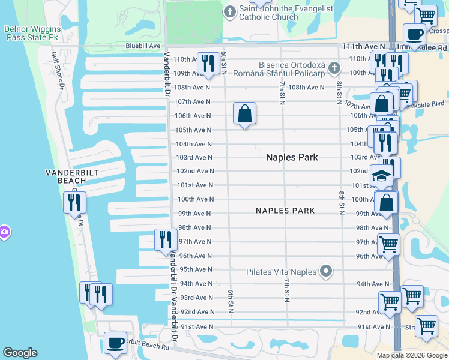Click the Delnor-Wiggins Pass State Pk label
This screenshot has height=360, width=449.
pos(31,32)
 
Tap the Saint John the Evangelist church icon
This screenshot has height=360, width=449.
pos(230,11)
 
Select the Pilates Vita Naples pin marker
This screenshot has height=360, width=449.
pos(327,272)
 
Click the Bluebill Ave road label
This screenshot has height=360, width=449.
pos(143,46)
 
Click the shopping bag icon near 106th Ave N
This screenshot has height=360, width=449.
pos(245,113)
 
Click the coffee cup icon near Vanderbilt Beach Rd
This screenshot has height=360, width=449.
pos(115,343)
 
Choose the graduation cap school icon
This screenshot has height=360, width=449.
pos(381,176)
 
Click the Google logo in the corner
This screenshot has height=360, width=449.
pos(20,353)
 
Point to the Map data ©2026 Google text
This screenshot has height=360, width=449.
pos(412,355)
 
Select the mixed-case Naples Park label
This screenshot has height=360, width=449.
pos(292,157)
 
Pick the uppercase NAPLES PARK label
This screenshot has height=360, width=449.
pos(286,211)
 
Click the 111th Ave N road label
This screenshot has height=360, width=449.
pos(364,46)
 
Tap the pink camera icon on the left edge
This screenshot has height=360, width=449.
pos(4,232)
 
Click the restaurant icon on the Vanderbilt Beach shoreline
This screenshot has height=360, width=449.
pos(75,202)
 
